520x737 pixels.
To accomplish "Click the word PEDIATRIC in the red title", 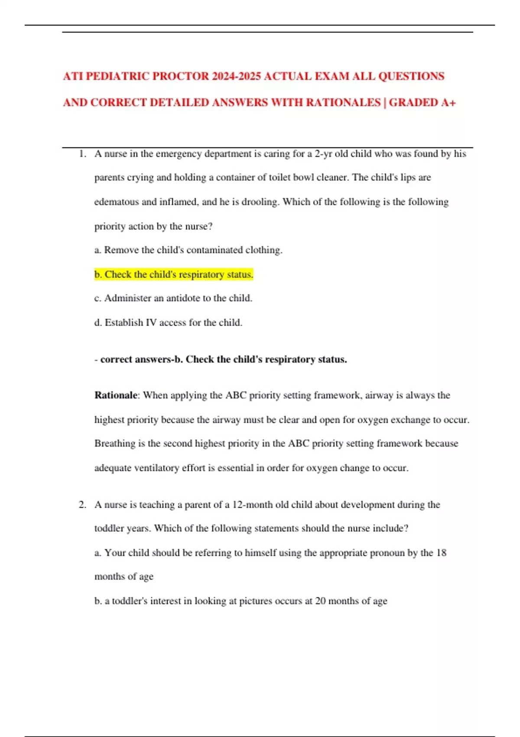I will pyautogui.click(x=117, y=76).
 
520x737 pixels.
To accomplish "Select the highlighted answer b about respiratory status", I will pyautogui.click(x=173, y=274).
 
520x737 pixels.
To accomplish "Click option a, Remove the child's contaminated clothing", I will pyautogui.click(x=188, y=250).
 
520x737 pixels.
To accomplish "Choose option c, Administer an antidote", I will pyautogui.click(x=173, y=298).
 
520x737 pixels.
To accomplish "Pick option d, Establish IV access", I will pyautogui.click(x=168, y=323).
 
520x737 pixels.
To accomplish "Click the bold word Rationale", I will pyautogui.click(x=116, y=395).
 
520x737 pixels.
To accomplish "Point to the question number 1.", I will pyautogui.click(x=82, y=154).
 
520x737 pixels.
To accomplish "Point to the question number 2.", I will pyautogui.click(x=82, y=505).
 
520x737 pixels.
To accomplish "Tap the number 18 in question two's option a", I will pyautogui.click(x=441, y=553).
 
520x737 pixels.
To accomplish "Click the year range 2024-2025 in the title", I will pyautogui.click(x=237, y=76).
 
